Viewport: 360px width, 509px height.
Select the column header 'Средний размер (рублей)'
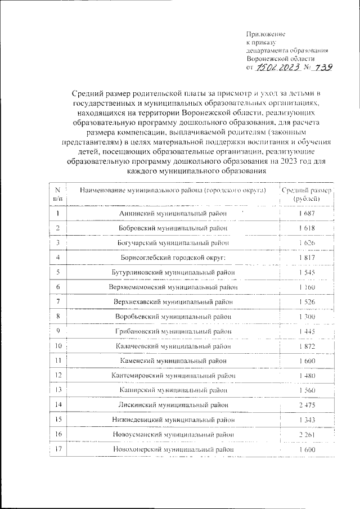coord(307,195)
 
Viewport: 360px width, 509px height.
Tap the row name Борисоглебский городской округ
coord(173,258)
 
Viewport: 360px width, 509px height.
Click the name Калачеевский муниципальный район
coord(173,346)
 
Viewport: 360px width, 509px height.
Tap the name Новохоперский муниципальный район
coord(173,449)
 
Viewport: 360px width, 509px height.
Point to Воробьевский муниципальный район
coord(173,317)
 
